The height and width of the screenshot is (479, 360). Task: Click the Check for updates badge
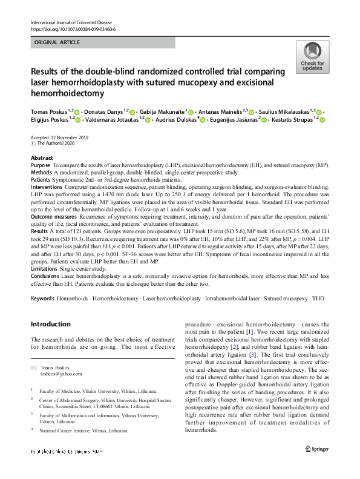(312, 58)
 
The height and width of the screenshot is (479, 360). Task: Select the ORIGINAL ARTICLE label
(57, 43)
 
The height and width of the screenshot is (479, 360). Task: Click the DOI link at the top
(73, 29)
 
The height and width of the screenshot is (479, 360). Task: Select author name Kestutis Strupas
(293, 120)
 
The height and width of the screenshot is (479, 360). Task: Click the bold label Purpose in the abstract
(41, 165)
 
